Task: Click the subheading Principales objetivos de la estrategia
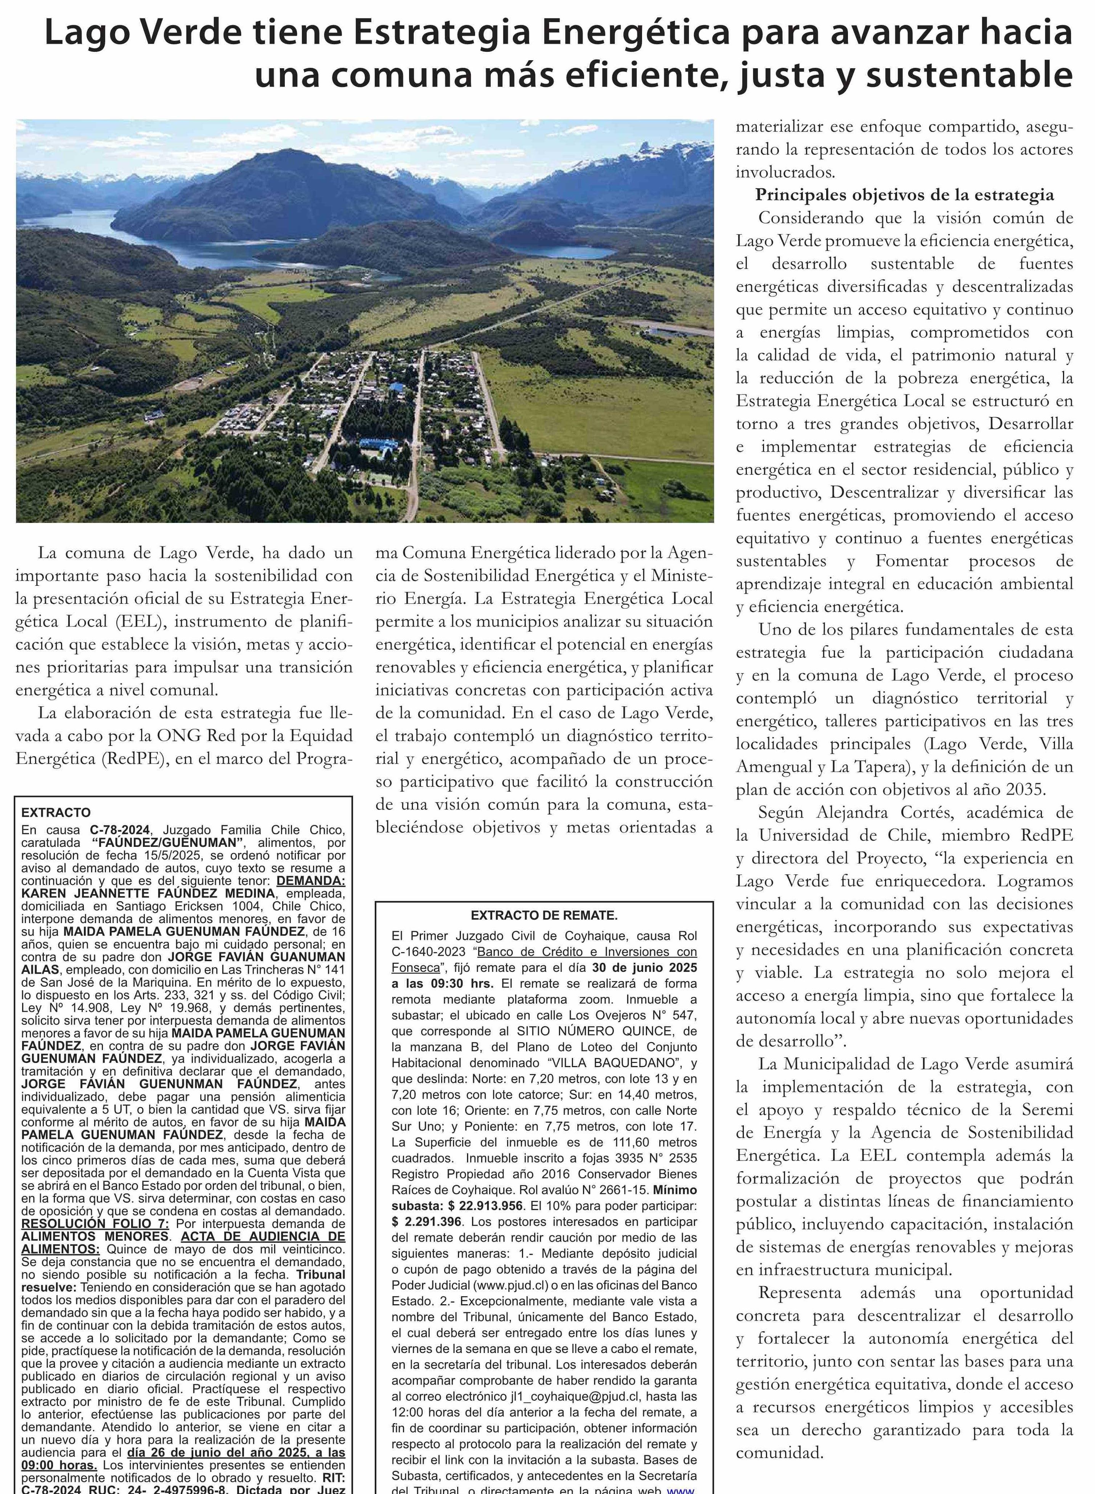click(x=904, y=195)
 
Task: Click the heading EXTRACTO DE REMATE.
click(x=544, y=915)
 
